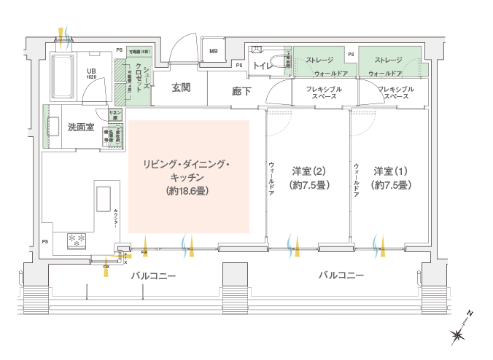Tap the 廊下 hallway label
241,92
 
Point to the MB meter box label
214,52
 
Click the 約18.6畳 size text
188,191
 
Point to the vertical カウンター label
117,219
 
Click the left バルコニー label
152,277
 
